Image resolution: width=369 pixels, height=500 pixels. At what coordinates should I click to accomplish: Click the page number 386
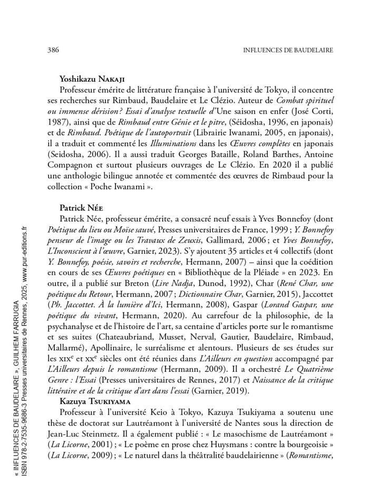(52, 50)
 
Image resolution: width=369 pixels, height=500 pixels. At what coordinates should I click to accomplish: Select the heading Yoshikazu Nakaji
(93, 79)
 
